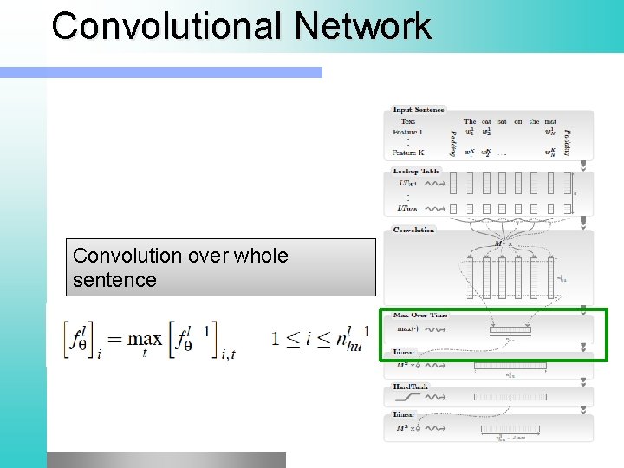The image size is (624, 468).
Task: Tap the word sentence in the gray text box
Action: [114, 280]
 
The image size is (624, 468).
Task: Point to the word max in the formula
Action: [145, 338]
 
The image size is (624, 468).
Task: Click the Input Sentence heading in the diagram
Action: [419, 110]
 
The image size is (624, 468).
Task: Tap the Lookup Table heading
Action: [417, 172]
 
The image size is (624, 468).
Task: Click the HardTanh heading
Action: [412, 387]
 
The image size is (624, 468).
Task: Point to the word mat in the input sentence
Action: [550, 122]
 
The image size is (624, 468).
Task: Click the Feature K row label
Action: [408, 153]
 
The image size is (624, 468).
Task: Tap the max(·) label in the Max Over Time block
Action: [406, 329]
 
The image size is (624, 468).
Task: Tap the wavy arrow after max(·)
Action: [438, 329]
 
